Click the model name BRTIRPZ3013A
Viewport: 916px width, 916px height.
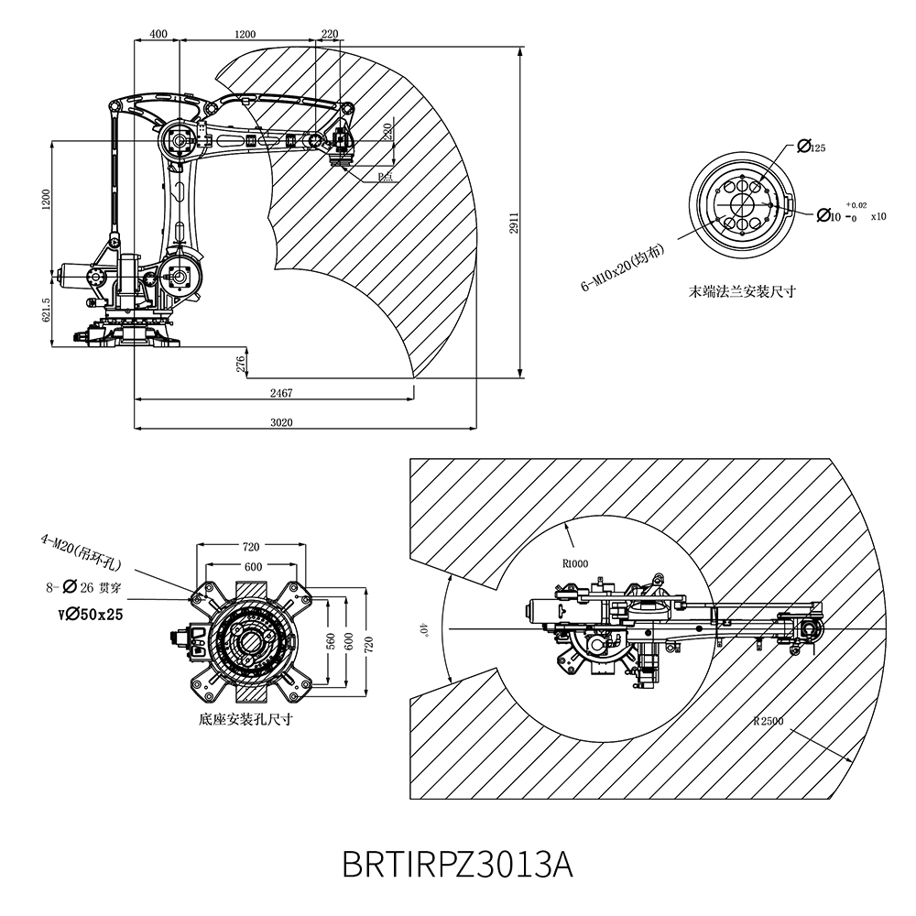(x=457, y=863)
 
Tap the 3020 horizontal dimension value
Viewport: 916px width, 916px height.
(x=281, y=422)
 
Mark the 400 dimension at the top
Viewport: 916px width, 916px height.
(x=158, y=34)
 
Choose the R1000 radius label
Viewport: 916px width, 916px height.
(x=575, y=563)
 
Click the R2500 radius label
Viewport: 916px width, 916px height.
(x=768, y=720)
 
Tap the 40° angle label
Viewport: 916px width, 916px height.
(x=423, y=629)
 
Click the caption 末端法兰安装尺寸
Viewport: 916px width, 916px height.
(x=742, y=292)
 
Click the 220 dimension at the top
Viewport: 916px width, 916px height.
(x=330, y=34)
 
